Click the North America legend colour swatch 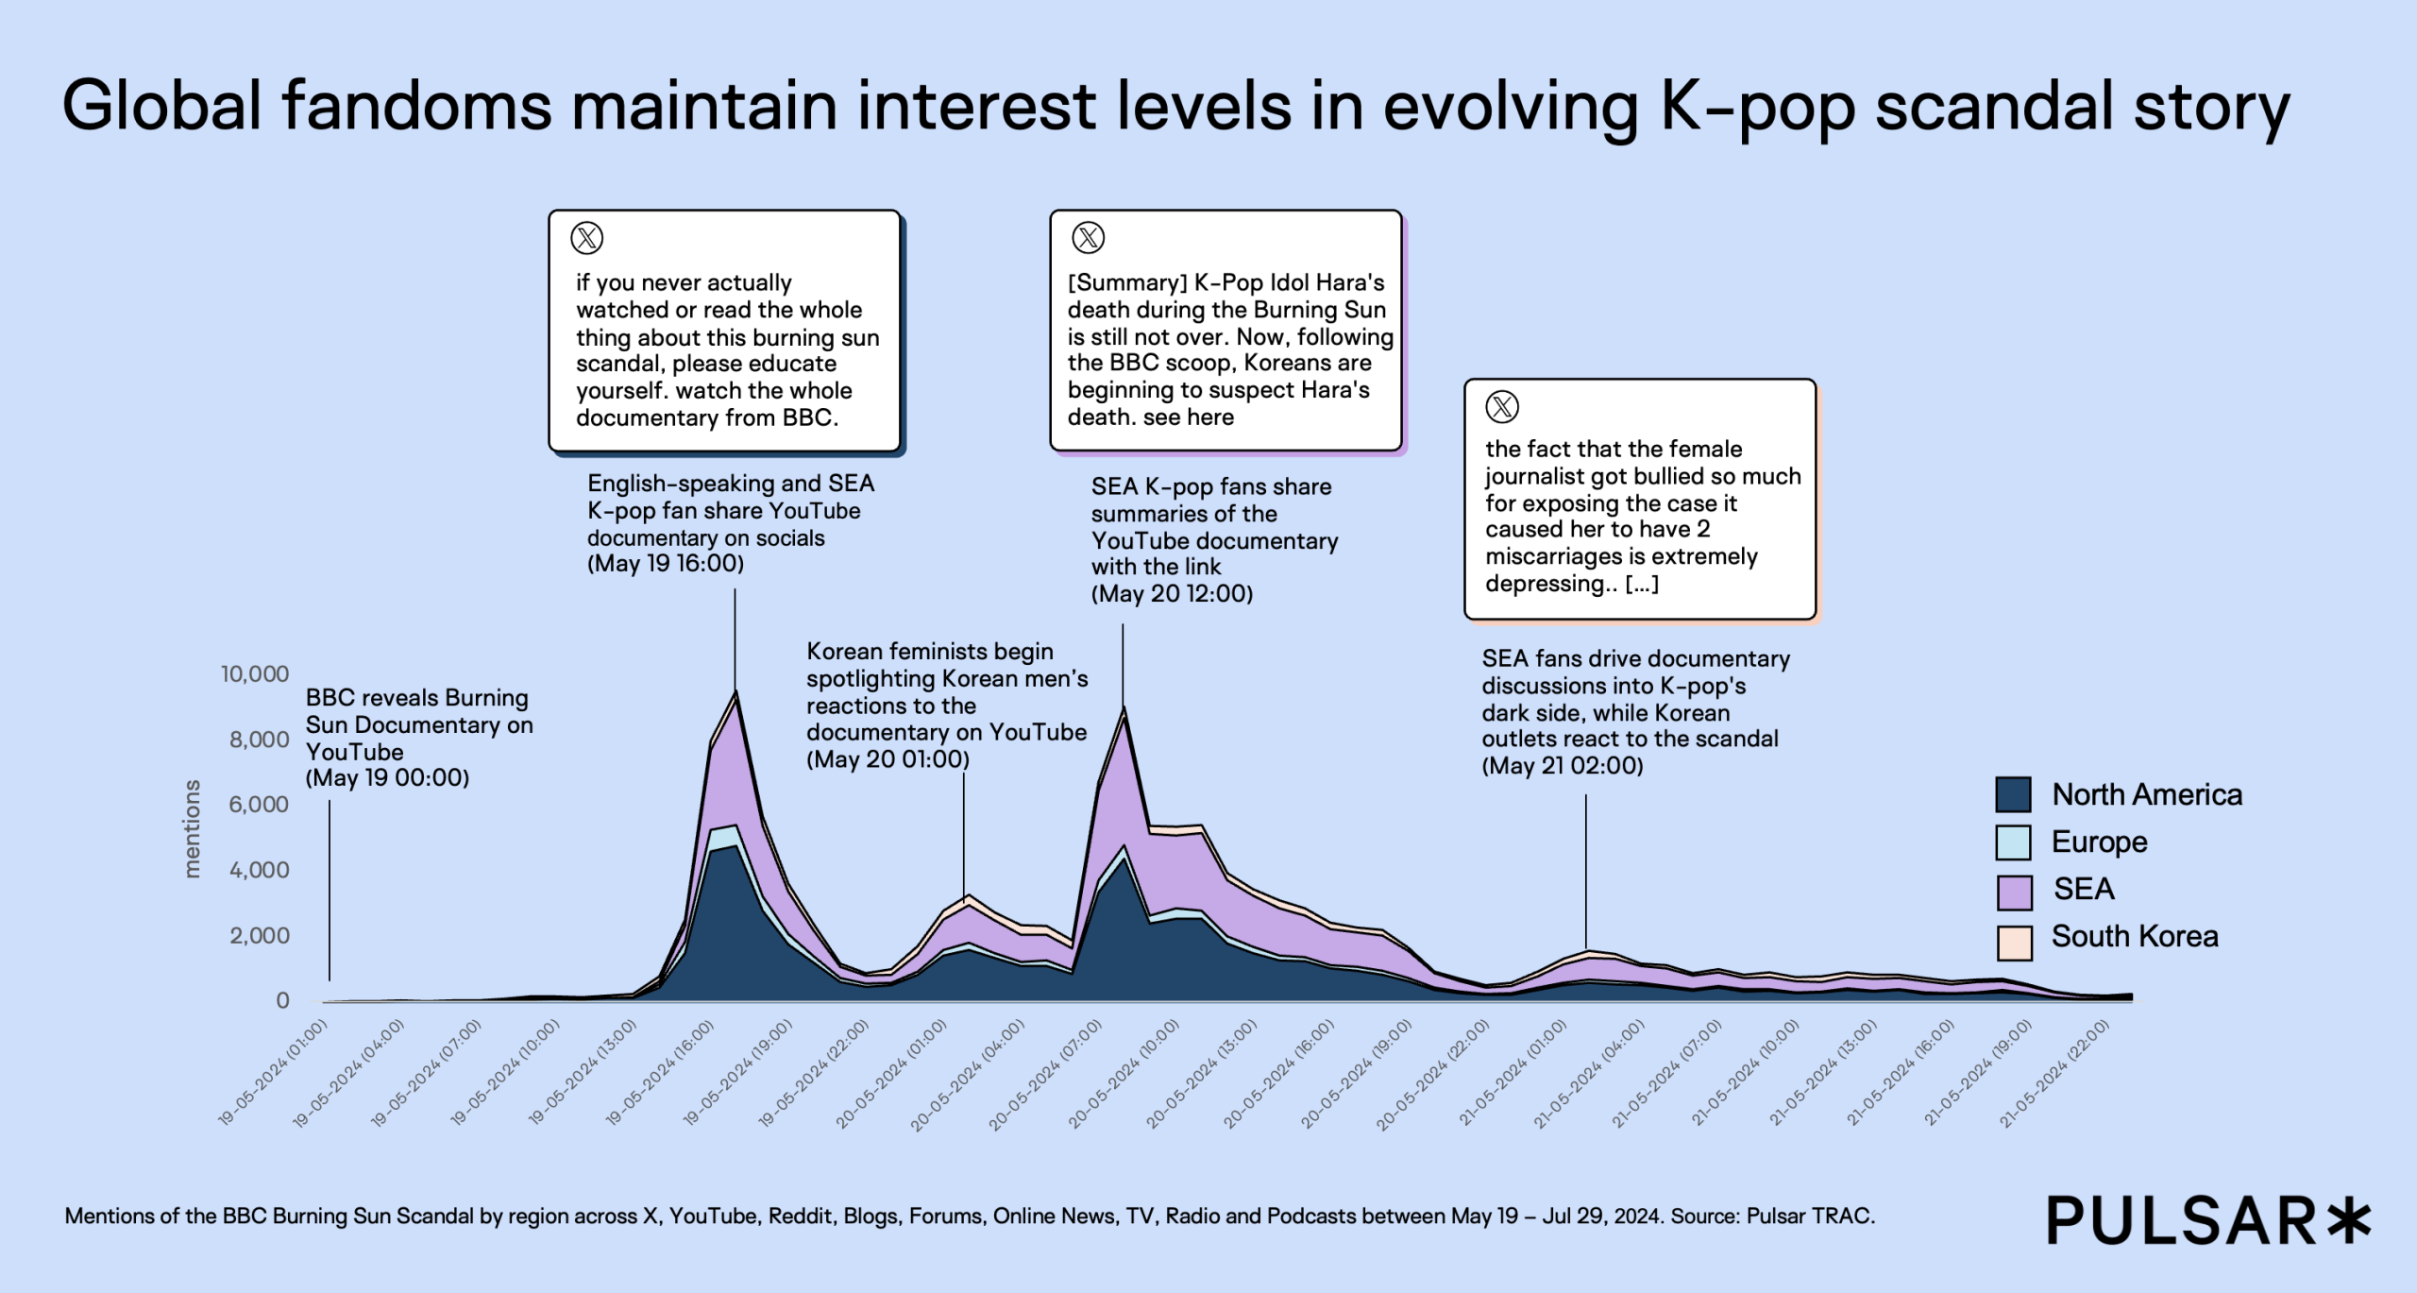pos(2013,794)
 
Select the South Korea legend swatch pos(2014,942)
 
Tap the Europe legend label pos(2099,842)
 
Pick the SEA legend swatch pos(2014,892)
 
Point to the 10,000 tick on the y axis pos(255,673)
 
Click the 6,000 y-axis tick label pos(259,804)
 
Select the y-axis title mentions pos(193,829)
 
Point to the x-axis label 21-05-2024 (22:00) pos(2054,1074)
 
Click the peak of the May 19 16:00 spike pos(735,692)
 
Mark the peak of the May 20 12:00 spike pos(1123,708)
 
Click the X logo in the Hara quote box pos(1089,237)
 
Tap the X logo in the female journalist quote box pos(1502,407)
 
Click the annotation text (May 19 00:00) pos(387,778)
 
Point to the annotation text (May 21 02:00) pos(1563,766)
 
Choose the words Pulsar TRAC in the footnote pos(1808,1216)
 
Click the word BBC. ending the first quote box pos(810,417)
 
